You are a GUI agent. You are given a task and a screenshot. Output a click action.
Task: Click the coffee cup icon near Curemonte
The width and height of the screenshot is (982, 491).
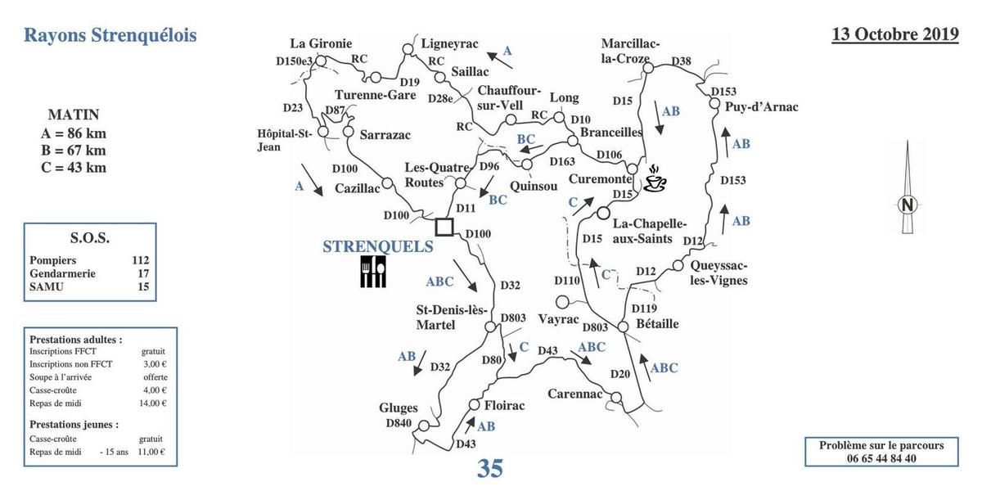point(655,179)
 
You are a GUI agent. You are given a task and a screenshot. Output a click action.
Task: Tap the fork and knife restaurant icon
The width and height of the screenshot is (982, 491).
point(372,272)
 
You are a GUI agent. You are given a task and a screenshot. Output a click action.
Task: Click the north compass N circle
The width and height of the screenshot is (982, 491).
point(907,205)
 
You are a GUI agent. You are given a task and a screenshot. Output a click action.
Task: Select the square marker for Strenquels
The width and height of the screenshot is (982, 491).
point(444,227)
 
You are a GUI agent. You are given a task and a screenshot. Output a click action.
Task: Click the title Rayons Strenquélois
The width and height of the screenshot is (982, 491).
point(110,35)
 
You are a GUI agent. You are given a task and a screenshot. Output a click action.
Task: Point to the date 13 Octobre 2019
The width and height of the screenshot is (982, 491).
point(895,34)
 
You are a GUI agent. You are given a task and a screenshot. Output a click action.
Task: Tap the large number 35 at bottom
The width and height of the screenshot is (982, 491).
point(489,469)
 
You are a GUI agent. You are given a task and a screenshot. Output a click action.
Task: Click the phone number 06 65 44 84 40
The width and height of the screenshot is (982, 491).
point(881,458)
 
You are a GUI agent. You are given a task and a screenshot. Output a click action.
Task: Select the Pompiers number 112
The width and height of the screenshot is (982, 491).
point(140,260)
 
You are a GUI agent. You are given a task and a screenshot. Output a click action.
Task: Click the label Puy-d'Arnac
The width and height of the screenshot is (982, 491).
point(760,106)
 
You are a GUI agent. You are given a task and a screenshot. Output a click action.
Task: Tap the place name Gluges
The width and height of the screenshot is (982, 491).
point(399,408)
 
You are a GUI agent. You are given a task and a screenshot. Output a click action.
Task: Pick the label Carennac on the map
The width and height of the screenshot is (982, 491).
point(574,393)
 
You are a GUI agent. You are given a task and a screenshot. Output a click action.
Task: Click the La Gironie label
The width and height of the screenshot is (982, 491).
point(322,43)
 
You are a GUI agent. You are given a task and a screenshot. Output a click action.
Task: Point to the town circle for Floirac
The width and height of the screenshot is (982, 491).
point(474,404)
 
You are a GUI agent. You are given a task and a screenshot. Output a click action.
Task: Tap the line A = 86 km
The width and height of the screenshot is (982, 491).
point(74,133)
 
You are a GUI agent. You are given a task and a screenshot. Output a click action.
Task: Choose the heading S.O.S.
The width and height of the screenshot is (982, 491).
point(90,238)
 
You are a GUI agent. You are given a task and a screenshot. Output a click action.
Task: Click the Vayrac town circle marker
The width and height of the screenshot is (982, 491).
point(561,302)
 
